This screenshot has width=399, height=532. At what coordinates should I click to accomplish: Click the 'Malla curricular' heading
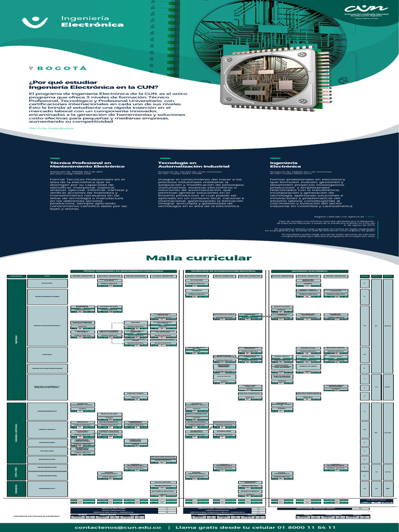[198, 258]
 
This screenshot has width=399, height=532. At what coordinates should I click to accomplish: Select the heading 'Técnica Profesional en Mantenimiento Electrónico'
[80, 165]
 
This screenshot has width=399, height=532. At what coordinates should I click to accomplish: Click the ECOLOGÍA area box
[47, 283]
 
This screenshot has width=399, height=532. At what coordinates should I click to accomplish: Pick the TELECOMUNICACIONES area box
[47, 297]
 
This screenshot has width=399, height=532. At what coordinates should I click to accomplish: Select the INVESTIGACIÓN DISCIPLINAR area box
[47, 368]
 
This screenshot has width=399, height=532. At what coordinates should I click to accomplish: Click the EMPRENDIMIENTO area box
[47, 410]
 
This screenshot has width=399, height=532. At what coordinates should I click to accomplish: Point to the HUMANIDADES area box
[47, 443]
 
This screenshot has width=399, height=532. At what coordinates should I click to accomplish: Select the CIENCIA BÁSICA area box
[47, 430]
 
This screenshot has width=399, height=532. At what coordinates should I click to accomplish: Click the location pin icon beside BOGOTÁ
[31, 68]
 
